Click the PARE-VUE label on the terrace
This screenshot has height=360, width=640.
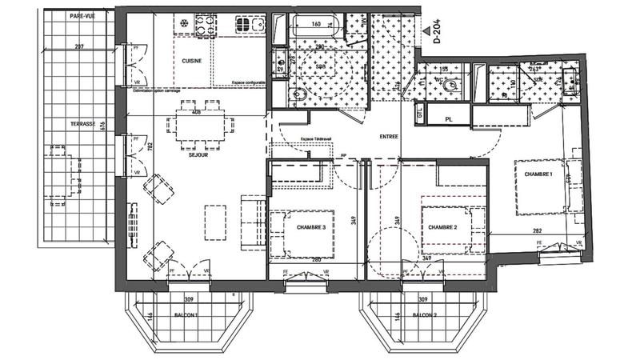82,16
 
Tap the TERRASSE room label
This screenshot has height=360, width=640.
82,123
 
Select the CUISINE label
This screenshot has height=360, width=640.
191,61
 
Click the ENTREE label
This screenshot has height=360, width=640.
388,137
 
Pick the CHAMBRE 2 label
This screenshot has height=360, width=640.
442,227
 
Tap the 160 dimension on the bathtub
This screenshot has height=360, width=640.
315,24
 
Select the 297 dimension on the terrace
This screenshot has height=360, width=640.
78,48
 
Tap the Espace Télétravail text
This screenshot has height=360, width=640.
294,140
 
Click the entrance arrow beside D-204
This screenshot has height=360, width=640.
425,32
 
